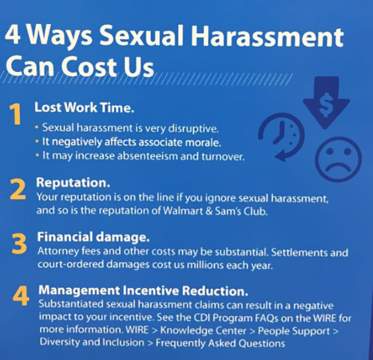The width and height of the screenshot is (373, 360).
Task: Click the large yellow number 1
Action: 16,115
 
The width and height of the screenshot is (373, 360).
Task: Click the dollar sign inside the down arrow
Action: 326,107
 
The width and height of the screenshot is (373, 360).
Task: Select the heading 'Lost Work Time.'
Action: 84,107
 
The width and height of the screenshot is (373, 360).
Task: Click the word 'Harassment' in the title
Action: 276,37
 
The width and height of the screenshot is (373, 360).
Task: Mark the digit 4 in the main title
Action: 14,36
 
